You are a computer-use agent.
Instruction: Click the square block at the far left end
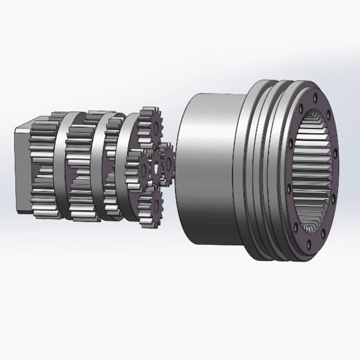[22, 169]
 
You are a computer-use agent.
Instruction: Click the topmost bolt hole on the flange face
[315, 97]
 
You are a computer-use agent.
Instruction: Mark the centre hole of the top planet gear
[156, 126]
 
